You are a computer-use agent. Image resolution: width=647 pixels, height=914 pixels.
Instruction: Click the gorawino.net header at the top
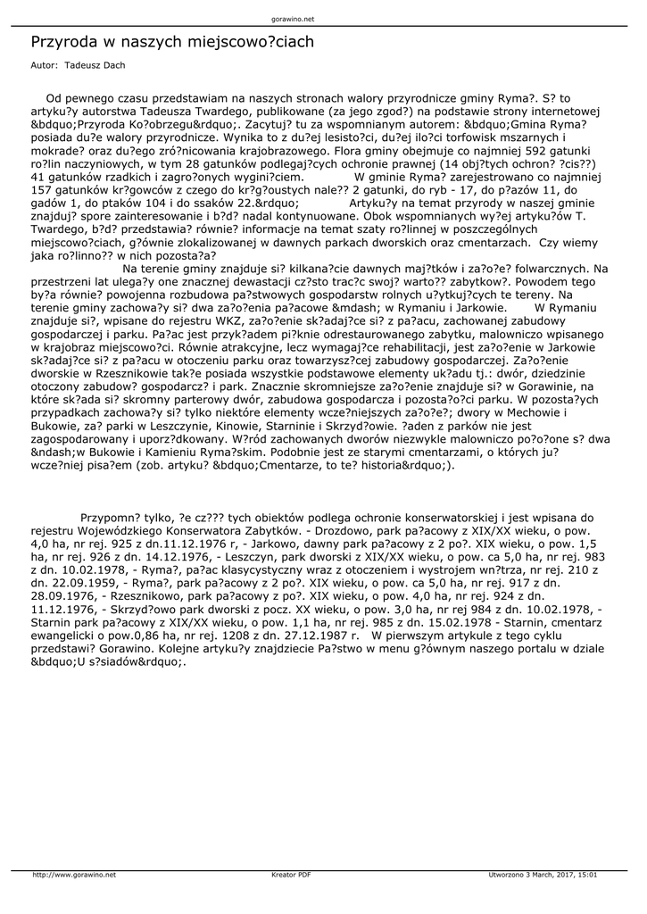tap(292, 18)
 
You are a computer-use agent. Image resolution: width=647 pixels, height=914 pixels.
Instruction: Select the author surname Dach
tap(114, 66)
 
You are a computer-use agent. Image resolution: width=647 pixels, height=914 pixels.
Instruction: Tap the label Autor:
tap(44, 66)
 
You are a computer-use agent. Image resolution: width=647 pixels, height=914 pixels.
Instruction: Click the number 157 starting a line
tap(42, 190)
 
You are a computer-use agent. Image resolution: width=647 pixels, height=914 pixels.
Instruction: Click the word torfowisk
tap(451, 137)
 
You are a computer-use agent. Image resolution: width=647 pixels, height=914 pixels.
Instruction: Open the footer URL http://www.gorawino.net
tap(74, 876)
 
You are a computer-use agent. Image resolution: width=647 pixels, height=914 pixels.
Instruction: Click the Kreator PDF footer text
tap(291, 876)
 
